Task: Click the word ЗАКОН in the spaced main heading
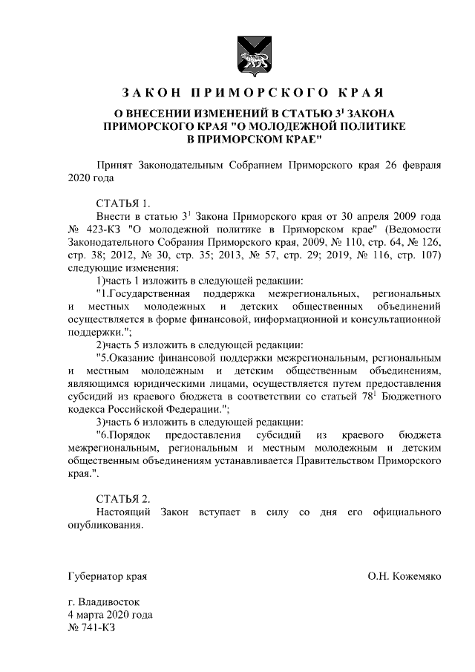[151, 94]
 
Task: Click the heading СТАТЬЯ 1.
[123, 203]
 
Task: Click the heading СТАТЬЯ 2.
[123, 498]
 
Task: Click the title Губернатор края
[107, 575]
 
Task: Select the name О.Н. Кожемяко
[404, 575]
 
